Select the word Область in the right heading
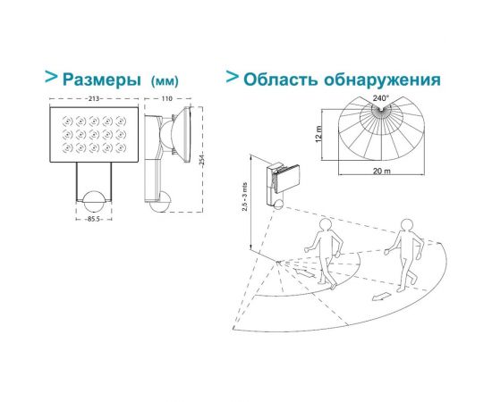click(285, 80)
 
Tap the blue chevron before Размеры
click(52, 78)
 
